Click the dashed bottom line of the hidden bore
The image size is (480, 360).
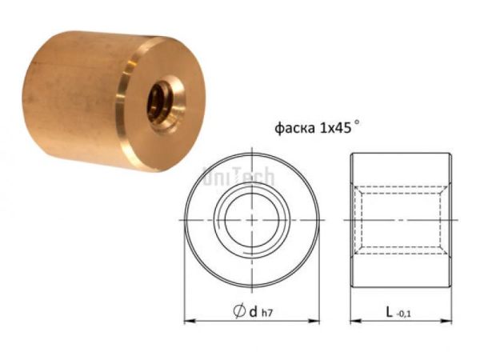point(402,250)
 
